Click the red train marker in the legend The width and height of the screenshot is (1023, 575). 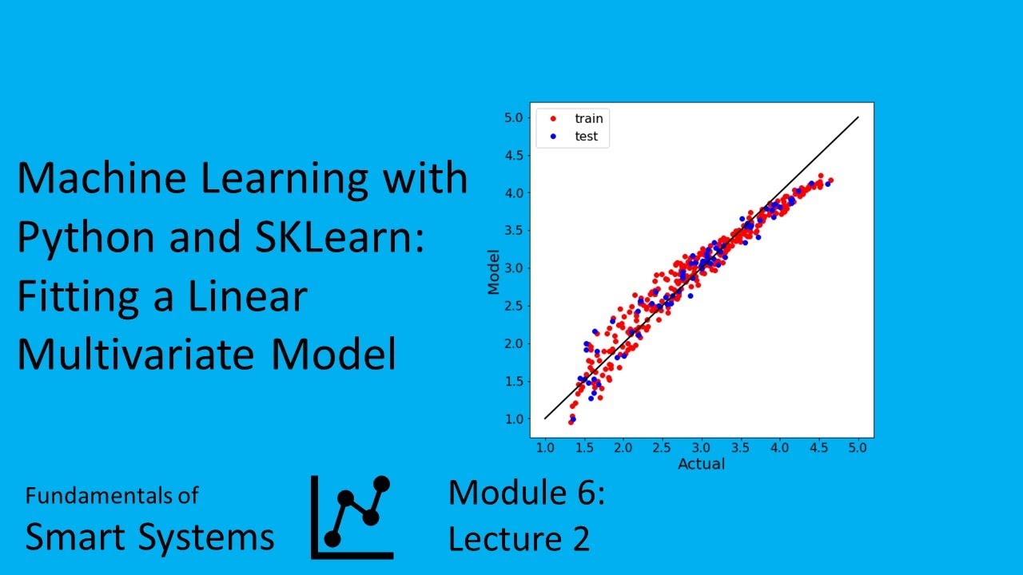tap(552, 118)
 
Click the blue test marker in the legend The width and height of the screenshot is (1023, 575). tap(552, 137)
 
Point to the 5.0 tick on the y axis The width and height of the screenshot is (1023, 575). tap(514, 117)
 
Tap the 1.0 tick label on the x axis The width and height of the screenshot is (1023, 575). tap(545, 450)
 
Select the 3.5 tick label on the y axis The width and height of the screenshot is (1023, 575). tap(514, 231)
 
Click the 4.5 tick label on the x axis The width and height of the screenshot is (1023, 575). tap(819, 450)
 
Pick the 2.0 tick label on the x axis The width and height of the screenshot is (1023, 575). tap(623, 450)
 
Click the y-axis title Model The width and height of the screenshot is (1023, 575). tap(494, 272)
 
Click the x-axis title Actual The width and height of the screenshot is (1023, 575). tap(701, 464)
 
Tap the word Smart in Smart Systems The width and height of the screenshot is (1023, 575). tap(77, 537)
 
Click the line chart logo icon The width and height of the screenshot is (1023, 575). tap(352, 517)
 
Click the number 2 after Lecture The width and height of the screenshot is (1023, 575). tap(579, 539)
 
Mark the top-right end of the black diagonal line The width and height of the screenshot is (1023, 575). tap(858, 117)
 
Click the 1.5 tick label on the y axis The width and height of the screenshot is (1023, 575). tap(514, 382)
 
